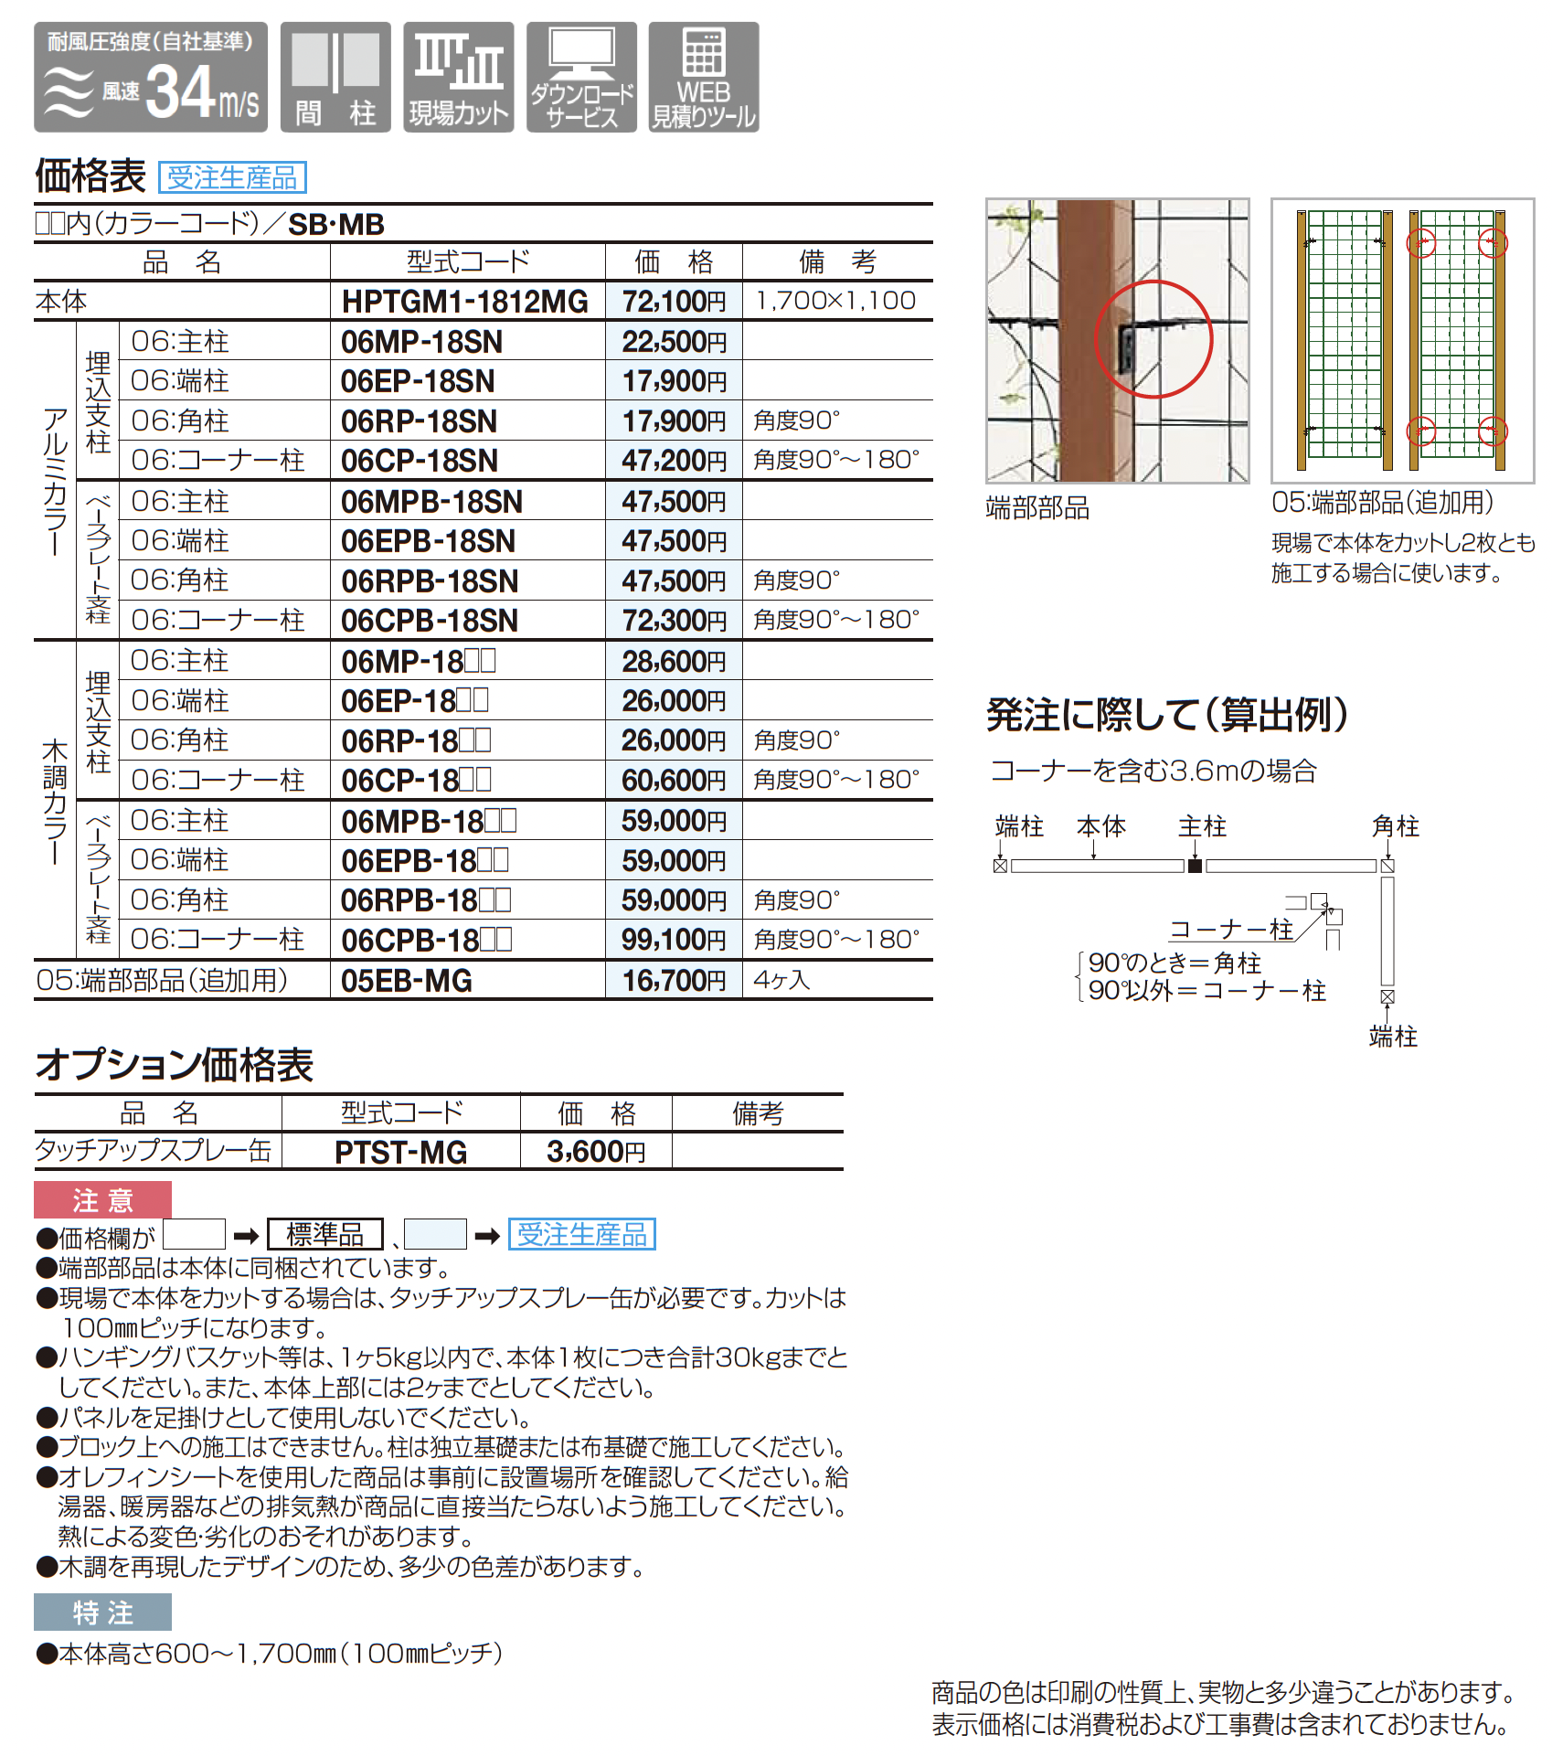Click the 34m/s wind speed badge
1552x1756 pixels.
tap(151, 78)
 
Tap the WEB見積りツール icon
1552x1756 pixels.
tap(704, 78)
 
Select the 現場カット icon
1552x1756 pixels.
tap(459, 78)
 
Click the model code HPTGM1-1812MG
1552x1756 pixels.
tap(465, 301)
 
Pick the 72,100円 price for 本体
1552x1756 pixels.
tap(675, 301)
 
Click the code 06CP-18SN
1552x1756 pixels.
tap(420, 461)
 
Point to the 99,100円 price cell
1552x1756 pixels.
tap(675, 940)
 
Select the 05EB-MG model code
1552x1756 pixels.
tap(407, 981)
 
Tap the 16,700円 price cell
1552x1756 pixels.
tap(675, 981)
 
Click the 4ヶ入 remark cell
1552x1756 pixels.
tap(782, 980)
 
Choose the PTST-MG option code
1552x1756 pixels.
tap(401, 1152)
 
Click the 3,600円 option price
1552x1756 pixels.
tap(596, 1152)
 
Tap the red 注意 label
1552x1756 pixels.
tap(102, 1200)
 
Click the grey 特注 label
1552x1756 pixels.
tap(102, 1612)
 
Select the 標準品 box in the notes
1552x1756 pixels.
tap(324, 1235)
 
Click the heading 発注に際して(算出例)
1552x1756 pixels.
tap(1167, 715)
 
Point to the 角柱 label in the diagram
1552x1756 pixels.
tap(1395, 826)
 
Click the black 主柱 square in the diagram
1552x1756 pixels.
tap(1195, 866)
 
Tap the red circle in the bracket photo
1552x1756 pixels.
tap(1153, 339)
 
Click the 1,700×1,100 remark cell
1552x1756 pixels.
tap(835, 301)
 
